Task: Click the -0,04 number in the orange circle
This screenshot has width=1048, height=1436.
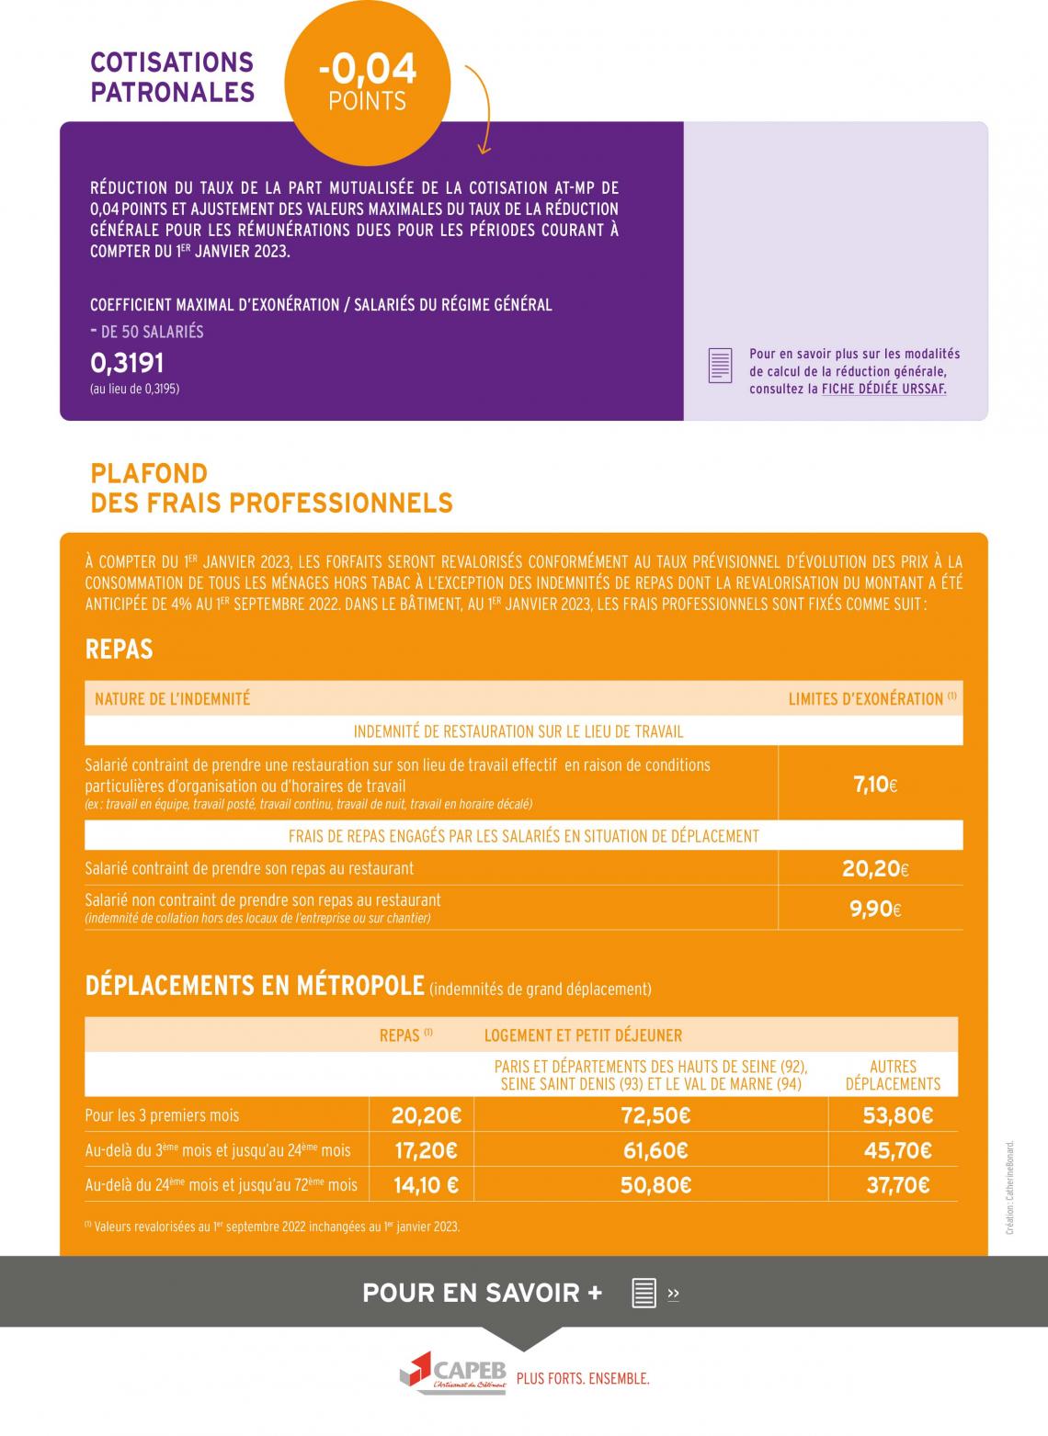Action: (367, 70)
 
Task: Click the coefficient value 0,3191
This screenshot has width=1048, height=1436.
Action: (127, 363)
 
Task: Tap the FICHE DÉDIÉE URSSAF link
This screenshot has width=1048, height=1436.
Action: (883, 389)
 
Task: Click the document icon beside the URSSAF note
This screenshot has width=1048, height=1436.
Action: (720, 366)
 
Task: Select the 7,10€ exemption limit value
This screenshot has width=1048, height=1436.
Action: (874, 785)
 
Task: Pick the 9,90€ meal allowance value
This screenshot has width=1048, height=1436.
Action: (874, 909)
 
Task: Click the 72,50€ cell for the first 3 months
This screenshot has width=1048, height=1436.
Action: (655, 1115)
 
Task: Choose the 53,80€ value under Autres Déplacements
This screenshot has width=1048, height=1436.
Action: (897, 1115)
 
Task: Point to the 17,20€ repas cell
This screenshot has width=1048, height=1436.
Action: (424, 1150)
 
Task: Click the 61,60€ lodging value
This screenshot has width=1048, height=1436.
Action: (655, 1150)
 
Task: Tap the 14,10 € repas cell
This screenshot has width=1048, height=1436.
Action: (426, 1185)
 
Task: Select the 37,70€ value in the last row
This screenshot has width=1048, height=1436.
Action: (897, 1185)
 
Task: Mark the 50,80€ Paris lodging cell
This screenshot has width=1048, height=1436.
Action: (655, 1185)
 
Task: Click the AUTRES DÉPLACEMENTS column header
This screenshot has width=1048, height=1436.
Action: (893, 1075)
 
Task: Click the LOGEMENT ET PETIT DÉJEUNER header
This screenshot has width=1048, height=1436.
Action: (583, 1035)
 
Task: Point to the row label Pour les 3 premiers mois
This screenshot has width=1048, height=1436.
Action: (162, 1115)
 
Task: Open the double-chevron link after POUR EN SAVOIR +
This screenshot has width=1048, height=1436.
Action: (673, 1294)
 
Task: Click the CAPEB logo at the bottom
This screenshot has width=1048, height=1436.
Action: (453, 1373)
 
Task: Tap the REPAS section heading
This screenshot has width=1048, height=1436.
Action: (119, 650)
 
